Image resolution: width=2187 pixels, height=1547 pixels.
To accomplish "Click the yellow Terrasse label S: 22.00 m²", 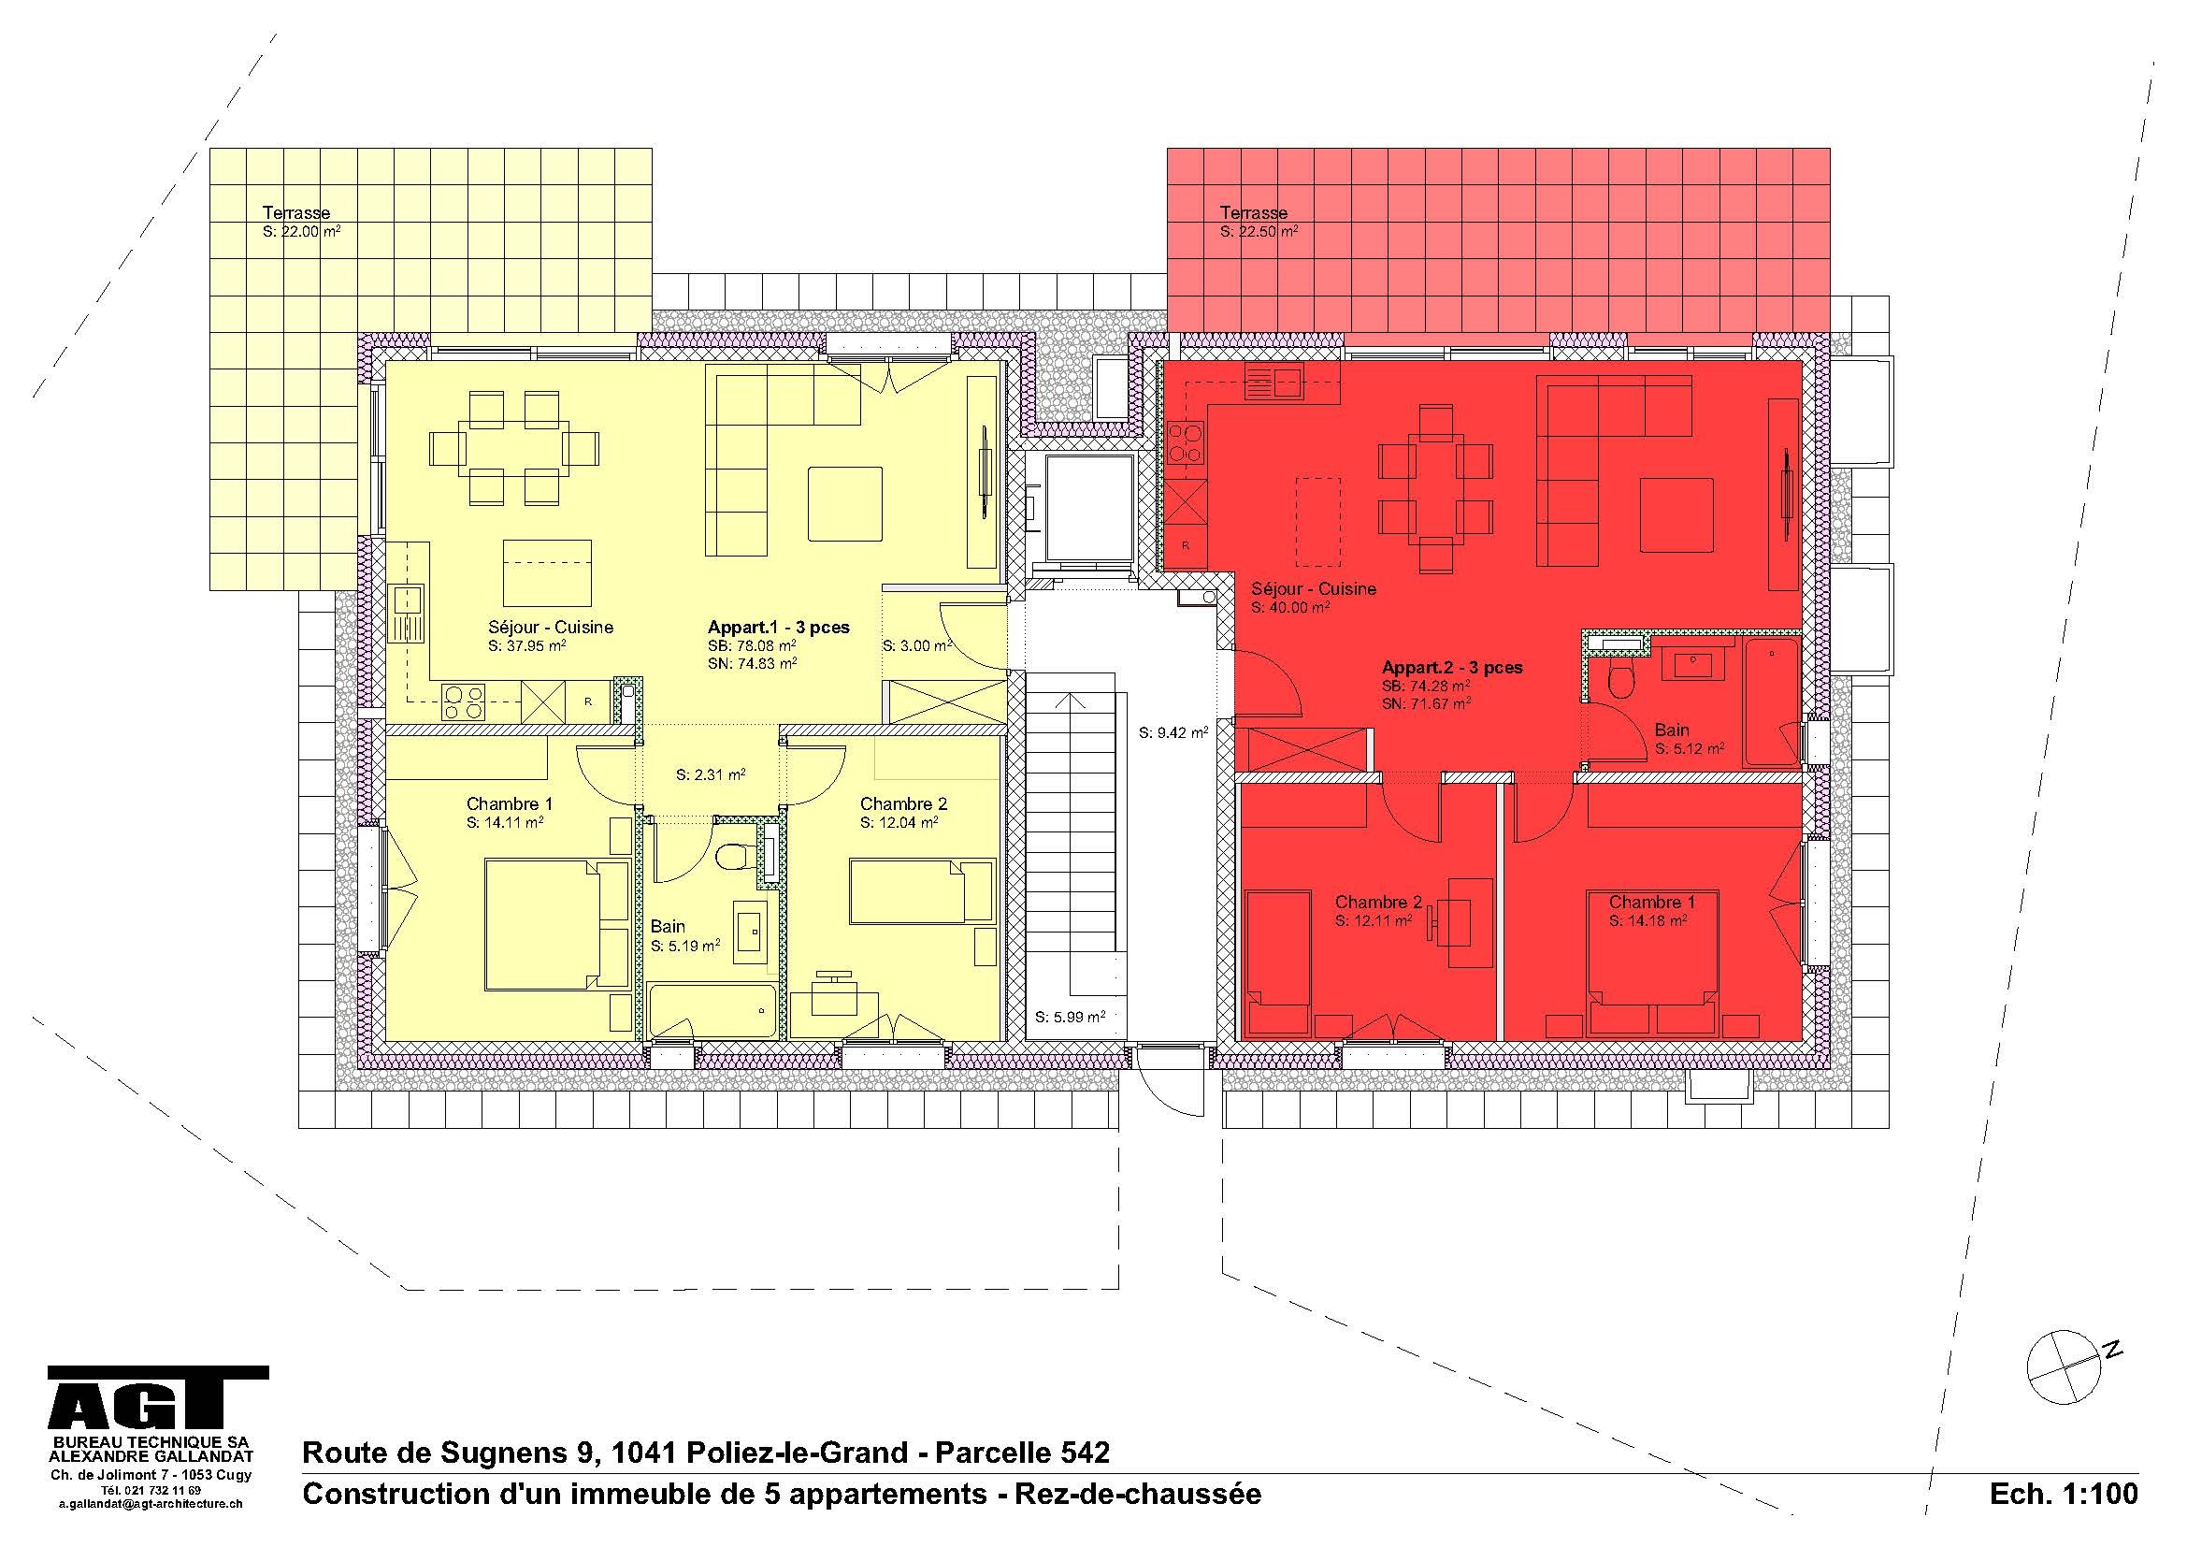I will coord(301,231).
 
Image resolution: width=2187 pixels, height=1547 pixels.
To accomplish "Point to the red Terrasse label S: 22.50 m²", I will coord(1258,231).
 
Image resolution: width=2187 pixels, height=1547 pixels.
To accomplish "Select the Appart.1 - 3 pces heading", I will coord(778,627).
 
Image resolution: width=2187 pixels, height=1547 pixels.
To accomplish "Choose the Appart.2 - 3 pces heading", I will coord(1452,667).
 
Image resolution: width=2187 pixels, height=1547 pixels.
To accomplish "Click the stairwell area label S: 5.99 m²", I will coord(1070,1017).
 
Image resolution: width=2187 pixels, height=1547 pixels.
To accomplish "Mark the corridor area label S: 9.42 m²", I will coord(1173,732).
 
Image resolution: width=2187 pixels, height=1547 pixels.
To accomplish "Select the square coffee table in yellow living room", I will coord(845,503).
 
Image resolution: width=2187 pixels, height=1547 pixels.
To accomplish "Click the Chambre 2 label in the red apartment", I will coord(1377,901).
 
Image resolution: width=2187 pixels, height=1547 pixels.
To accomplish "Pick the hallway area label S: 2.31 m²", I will coord(710,774).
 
